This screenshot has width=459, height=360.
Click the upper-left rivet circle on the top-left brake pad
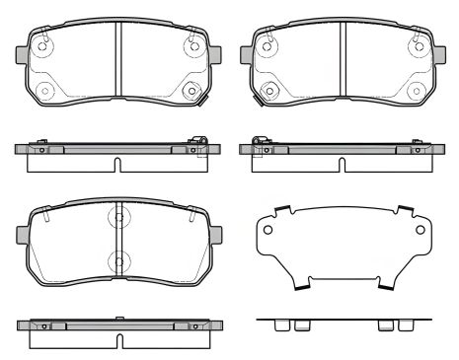click(44, 44)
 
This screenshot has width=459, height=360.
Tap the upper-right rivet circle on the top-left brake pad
click(191, 44)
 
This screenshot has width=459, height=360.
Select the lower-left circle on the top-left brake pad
click(44, 91)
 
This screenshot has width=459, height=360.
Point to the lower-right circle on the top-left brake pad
click(191, 91)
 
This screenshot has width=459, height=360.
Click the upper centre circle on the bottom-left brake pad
click(117, 216)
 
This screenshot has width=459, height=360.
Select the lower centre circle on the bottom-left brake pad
click(117, 262)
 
